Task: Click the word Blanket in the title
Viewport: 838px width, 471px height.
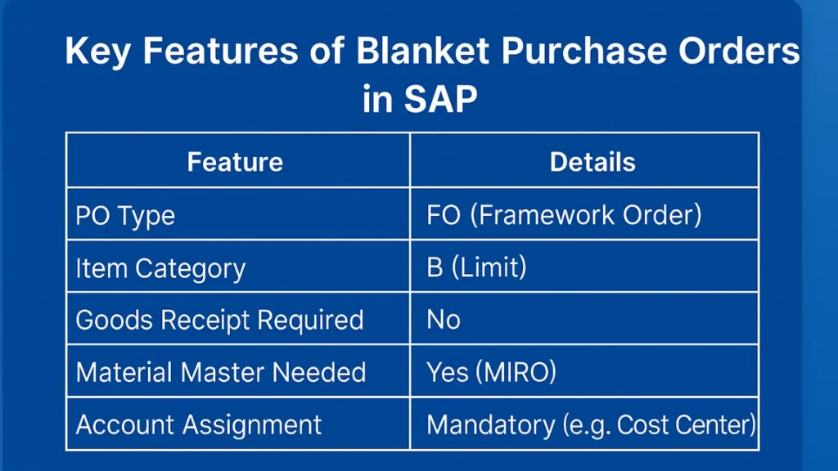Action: (422, 51)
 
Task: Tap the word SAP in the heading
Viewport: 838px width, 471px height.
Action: (440, 99)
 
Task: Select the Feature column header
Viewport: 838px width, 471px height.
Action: (235, 162)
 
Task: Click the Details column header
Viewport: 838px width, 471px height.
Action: (592, 162)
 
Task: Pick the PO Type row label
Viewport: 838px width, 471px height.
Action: (125, 216)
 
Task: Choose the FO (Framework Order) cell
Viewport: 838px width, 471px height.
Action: (564, 215)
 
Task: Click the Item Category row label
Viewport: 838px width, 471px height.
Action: (160, 268)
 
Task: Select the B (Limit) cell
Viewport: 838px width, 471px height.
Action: (476, 267)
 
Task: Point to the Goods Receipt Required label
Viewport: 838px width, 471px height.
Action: (219, 321)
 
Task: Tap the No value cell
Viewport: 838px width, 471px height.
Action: (443, 320)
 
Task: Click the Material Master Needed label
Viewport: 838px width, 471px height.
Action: (221, 372)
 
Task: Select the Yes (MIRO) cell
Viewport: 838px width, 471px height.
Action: (491, 372)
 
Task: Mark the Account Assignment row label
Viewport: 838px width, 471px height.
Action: (199, 425)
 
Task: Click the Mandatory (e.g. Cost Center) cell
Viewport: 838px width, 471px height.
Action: (591, 425)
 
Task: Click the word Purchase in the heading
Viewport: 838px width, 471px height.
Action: (583, 51)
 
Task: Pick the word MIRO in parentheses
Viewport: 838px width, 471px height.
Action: (516, 372)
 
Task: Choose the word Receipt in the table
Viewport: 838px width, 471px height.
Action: (205, 321)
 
